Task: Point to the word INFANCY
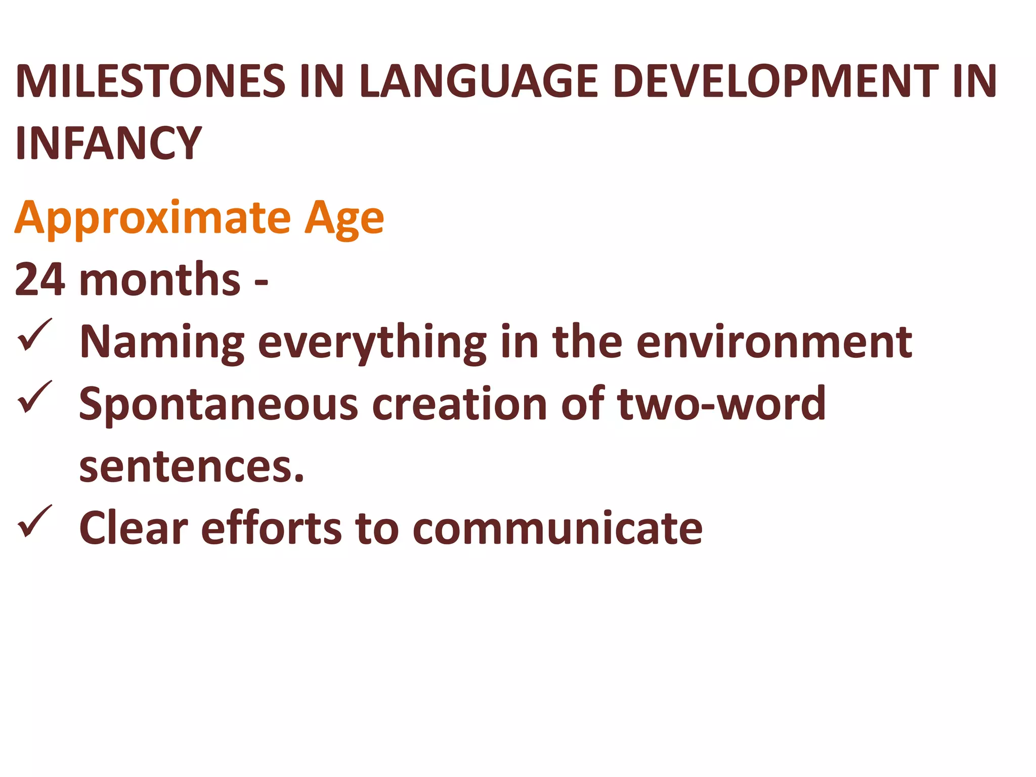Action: coord(108,143)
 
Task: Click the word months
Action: coord(160,279)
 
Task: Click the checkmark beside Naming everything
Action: coord(34,336)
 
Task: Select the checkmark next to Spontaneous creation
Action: coord(34,398)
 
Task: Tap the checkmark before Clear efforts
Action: coord(34,522)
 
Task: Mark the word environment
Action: coord(774,342)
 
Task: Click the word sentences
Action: coord(191,466)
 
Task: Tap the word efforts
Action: coord(272,528)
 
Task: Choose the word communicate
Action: coord(557,528)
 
